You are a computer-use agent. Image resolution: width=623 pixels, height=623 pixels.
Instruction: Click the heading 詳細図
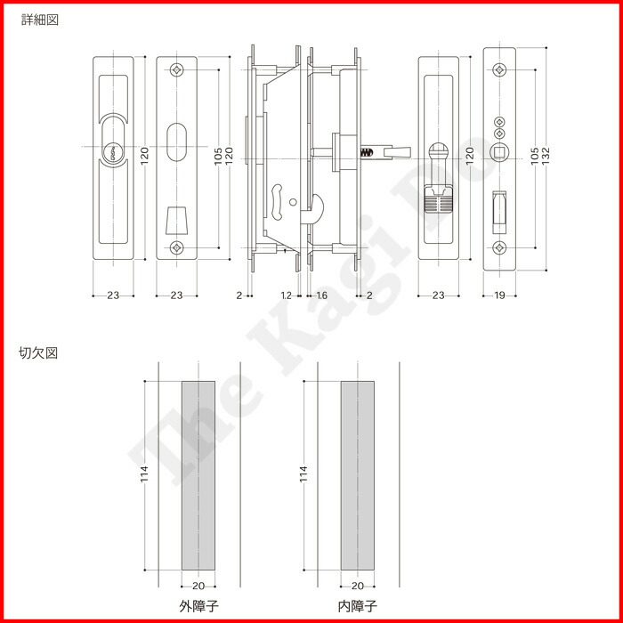pos(38,18)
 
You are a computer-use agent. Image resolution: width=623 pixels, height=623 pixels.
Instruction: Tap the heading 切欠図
pos(38,352)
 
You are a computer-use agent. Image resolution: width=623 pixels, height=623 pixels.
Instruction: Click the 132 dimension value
pos(546,154)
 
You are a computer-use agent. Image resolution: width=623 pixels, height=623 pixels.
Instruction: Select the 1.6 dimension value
pos(321,294)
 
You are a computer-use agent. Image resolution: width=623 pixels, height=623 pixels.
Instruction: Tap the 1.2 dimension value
pos(286,294)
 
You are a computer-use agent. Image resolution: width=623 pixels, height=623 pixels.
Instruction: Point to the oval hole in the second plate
pos(176,141)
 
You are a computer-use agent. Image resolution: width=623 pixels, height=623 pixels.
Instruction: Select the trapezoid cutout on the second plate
pos(176,218)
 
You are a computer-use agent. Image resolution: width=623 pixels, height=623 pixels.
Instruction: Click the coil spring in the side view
pos(365,153)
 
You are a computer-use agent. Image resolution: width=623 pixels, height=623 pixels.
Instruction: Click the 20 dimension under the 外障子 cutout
pos(198,585)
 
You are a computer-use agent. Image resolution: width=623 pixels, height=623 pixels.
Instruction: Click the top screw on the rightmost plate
pos(500,69)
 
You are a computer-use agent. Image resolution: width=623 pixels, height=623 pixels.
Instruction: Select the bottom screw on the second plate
pos(176,247)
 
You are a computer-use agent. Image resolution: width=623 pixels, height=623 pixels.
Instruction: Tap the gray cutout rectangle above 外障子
pos(198,476)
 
